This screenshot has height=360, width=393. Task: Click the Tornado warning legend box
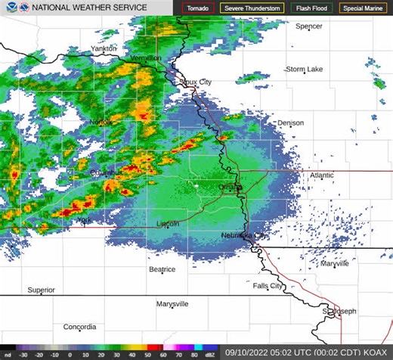click(198, 8)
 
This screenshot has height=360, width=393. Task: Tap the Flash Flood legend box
click(311, 8)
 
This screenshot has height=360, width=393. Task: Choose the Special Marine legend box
click(363, 8)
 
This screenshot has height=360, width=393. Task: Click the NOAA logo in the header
click(8, 8)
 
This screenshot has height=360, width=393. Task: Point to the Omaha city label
click(228, 187)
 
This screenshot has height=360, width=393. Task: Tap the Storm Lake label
click(305, 69)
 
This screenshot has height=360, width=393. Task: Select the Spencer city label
click(308, 26)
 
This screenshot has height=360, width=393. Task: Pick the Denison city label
click(290, 123)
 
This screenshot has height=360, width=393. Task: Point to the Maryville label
click(334, 264)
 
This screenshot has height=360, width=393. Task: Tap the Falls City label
click(268, 286)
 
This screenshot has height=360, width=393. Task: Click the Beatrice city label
click(162, 268)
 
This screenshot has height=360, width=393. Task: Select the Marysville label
click(172, 303)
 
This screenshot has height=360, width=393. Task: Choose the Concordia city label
click(79, 327)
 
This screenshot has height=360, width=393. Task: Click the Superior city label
click(42, 290)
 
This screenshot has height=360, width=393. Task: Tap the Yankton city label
click(104, 48)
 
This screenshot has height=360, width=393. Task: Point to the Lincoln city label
click(167, 224)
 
